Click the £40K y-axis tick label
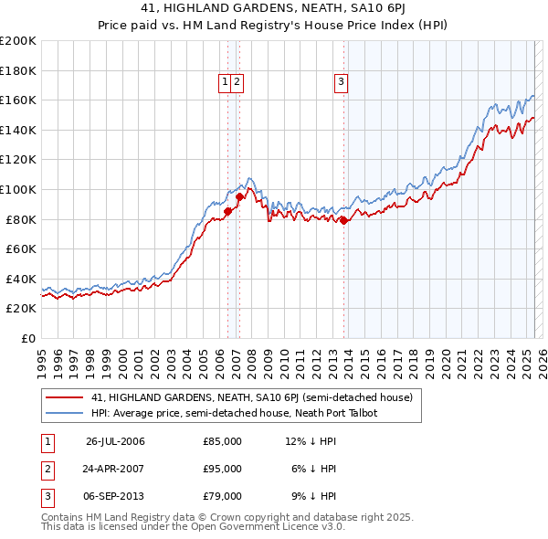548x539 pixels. click(20, 279)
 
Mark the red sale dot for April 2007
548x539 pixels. click(239, 196)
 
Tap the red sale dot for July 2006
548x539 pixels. click(227, 211)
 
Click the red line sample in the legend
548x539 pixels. click(64, 397)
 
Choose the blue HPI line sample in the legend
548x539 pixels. click(64, 413)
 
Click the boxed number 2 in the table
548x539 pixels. click(47, 469)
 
